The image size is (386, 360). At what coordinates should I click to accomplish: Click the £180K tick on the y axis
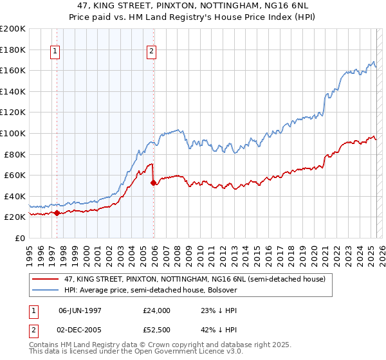(13, 50)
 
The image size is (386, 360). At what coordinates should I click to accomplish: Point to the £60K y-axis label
(15, 175)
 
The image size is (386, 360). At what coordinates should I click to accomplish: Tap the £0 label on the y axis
(20, 238)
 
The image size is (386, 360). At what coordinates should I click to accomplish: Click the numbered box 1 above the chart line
(55, 52)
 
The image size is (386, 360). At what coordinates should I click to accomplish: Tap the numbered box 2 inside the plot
(151, 52)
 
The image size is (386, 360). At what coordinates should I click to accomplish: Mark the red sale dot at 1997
(57, 213)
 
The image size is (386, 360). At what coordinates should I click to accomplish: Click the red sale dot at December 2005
(153, 183)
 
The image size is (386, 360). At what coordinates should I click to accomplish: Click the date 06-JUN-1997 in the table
(81, 310)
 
